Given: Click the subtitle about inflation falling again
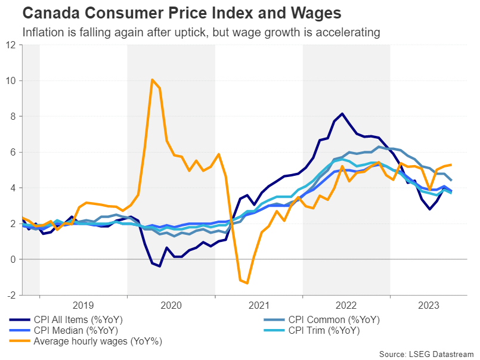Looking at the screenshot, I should [200, 32].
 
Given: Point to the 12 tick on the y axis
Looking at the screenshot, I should [11, 45].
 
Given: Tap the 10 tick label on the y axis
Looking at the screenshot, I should [11, 80].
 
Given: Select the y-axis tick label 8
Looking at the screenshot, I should [13, 116].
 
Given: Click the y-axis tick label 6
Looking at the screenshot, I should [13, 152].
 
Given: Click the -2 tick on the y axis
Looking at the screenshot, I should [12, 295].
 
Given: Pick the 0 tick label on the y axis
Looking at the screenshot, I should [13, 259].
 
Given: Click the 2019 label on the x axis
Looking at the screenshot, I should [83, 306].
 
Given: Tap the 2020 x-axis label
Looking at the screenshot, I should [171, 306].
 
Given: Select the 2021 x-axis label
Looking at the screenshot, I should [259, 306].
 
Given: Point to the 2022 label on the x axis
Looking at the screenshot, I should [346, 306].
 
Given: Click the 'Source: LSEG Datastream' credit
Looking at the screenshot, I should [426, 354].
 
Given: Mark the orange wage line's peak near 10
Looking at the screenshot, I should [153, 79].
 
